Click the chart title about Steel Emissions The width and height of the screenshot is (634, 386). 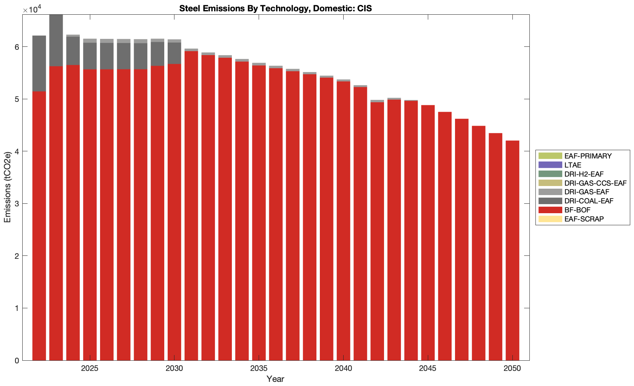coord(275,8)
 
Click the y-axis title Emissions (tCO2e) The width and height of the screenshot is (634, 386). coord(8,188)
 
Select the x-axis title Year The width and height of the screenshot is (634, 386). coord(275,379)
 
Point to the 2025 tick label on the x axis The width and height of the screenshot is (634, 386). coord(89,369)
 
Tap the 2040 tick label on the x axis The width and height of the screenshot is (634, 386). coord(343,369)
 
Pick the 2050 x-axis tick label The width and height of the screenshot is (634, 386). coord(512,369)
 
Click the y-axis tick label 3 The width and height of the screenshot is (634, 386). coord(17,204)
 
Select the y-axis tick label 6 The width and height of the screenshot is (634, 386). coord(17,47)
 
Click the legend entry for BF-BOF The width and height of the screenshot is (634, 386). coord(577,210)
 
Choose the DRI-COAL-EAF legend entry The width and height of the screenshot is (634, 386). coord(589,201)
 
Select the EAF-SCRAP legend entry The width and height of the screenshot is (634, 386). coord(584,219)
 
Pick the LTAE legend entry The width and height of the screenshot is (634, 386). coord(572,165)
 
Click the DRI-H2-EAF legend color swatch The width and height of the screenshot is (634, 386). coord(550,174)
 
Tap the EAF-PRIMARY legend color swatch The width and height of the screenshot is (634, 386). coord(550,156)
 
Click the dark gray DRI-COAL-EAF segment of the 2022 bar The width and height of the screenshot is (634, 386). coord(39,63)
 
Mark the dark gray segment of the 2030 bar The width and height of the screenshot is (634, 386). coord(174,53)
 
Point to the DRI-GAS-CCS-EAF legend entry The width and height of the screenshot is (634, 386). coord(595,183)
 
